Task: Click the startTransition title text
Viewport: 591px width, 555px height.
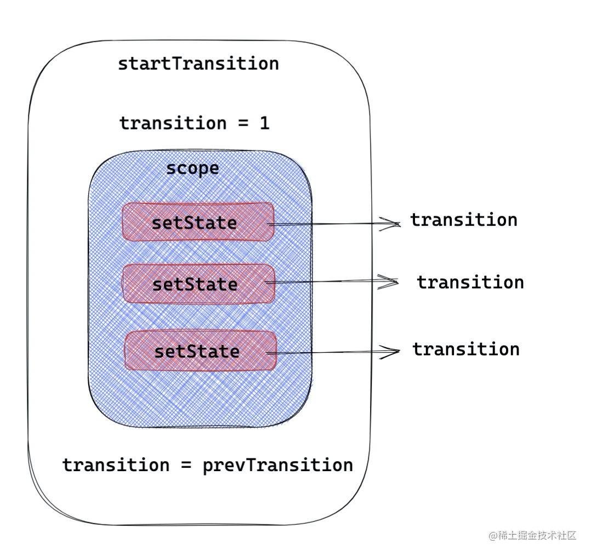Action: pyautogui.click(x=198, y=64)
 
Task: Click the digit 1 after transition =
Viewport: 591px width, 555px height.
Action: pyautogui.click(x=265, y=123)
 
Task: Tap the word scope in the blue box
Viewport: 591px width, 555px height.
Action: pyautogui.click(x=192, y=169)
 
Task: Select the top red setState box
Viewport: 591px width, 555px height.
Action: pyautogui.click(x=198, y=222)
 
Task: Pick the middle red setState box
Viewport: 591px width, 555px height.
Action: pyautogui.click(x=198, y=284)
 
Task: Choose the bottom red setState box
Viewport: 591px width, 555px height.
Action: pyautogui.click(x=201, y=351)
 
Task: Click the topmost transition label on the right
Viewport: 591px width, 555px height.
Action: pyautogui.click(x=464, y=220)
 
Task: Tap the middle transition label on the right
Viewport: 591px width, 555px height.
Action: pyautogui.click(x=470, y=282)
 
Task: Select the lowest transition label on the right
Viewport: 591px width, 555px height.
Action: pyautogui.click(x=466, y=349)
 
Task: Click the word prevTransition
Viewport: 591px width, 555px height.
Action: pyautogui.click(x=278, y=466)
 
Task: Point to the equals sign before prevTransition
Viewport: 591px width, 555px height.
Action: pyautogui.click(x=186, y=466)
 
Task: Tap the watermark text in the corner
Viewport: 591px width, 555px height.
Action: pyautogui.click(x=532, y=535)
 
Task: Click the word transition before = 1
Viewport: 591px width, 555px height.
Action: pyautogui.click(x=173, y=123)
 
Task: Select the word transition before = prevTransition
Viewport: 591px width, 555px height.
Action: pyautogui.click(x=116, y=465)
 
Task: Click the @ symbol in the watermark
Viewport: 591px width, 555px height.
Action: pyautogui.click(x=493, y=536)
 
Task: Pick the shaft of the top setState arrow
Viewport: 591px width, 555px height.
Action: pyautogui.click(x=333, y=224)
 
